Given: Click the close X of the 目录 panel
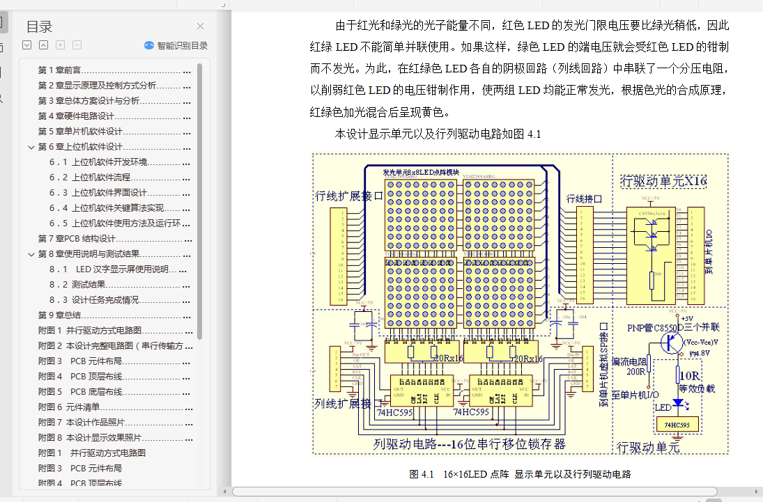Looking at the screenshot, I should pos(200,26).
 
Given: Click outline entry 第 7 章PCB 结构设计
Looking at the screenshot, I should pos(77,239).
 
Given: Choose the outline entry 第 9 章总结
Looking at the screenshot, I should pos(60,315).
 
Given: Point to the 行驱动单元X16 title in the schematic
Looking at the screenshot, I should pos(663,182).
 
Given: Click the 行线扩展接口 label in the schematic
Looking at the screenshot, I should pos(349,196).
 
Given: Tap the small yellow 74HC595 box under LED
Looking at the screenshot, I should pos(677,425).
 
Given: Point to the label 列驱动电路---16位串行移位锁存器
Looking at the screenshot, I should pos(469,444).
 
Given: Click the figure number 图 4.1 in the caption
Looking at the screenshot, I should pos(422,475).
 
